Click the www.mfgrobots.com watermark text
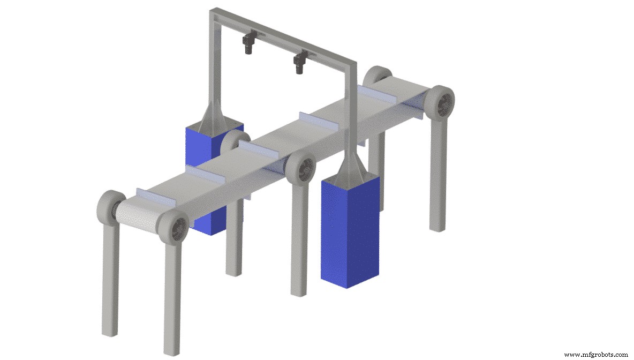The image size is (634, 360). (x=596, y=354)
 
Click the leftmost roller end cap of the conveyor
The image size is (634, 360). (x=110, y=205)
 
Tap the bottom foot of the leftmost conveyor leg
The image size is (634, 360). (x=110, y=330)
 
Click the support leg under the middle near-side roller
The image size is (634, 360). (x=299, y=241)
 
